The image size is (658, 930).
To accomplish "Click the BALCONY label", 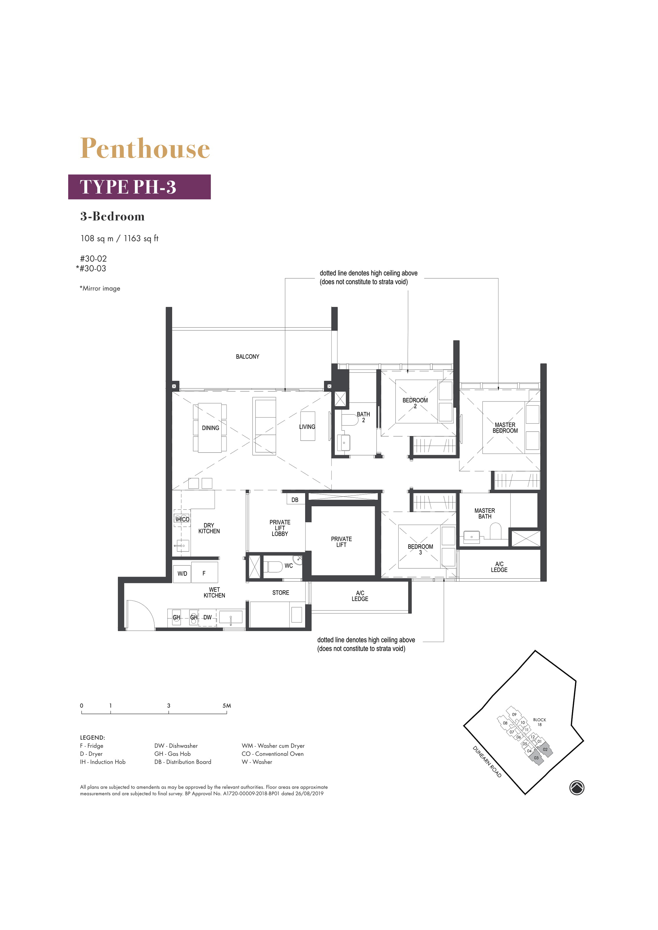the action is pos(247,357).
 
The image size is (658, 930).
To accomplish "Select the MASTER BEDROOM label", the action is pos(505,428).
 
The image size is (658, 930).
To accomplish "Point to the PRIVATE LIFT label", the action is pos(341,542).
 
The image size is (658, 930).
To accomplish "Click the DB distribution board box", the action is pos(295,499).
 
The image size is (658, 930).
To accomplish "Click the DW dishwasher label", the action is pos(207,617).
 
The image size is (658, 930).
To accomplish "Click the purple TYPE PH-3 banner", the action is pos(140,187).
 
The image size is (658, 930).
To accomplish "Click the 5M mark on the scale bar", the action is pos(227,706).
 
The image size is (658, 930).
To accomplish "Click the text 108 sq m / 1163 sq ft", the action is pos(120,239).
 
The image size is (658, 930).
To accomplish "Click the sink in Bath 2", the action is pos(344,443).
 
